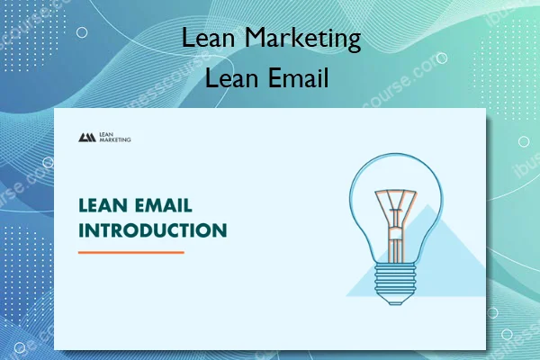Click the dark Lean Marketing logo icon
pyautogui.click(x=87, y=138)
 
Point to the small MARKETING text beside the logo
pyautogui.click(x=114, y=141)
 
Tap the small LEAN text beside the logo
pyautogui.click(x=107, y=134)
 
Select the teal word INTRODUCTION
pyautogui.click(x=152, y=229)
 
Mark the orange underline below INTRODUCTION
pyautogui.click(x=130, y=252)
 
